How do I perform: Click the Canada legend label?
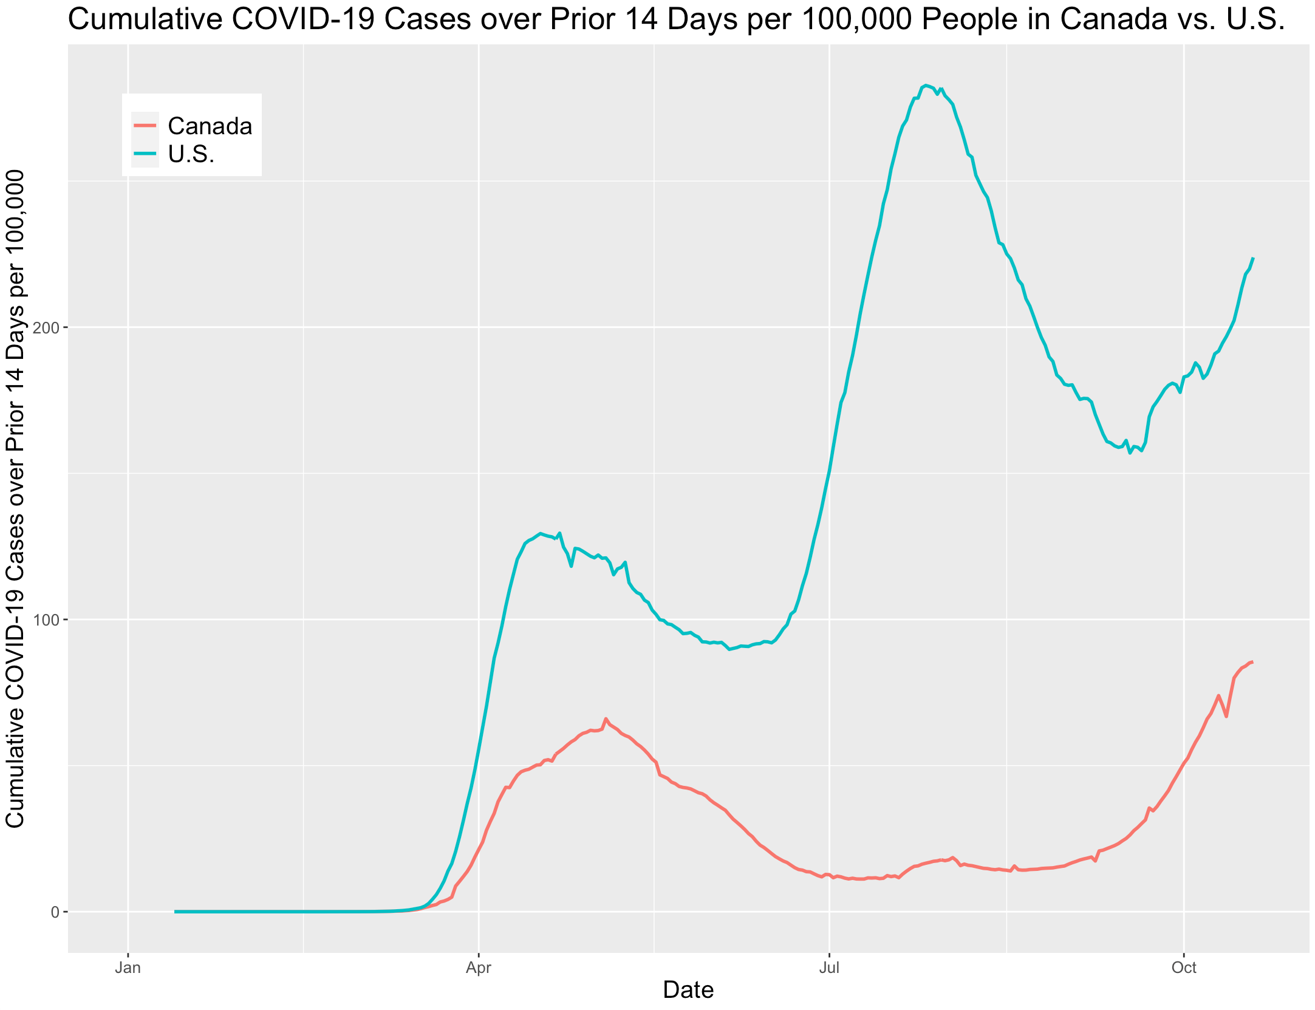pyautogui.click(x=210, y=126)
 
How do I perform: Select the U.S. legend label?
pyautogui.click(x=191, y=154)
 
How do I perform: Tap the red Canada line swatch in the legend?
pyautogui.click(x=145, y=126)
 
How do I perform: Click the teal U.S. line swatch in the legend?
pyautogui.click(x=145, y=154)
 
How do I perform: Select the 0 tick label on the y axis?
pyautogui.click(x=55, y=912)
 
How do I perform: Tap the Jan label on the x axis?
pyautogui.click(x=128, y=968)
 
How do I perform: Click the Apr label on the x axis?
pyautogui.click(x=479, y=968)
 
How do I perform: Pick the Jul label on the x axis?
pyautogui.click(x=829, y=968)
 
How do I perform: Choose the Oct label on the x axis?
pyautogui.click(x=1184, y=968)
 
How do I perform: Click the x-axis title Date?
pyautogui.click(x=688, y=991)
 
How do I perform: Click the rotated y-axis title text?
pyautogui.click(x=16, y=498)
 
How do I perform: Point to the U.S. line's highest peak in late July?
pyautogui.click(x=926, y=85)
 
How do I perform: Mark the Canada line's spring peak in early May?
pyautogui.click(x=606, y=718)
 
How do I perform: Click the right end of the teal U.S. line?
pyautogui.click(x=1253, y=259)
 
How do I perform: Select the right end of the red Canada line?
pyautogui.click(x=1252, y=662)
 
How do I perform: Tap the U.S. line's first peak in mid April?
pyautogui.click(x=541, y=533)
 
